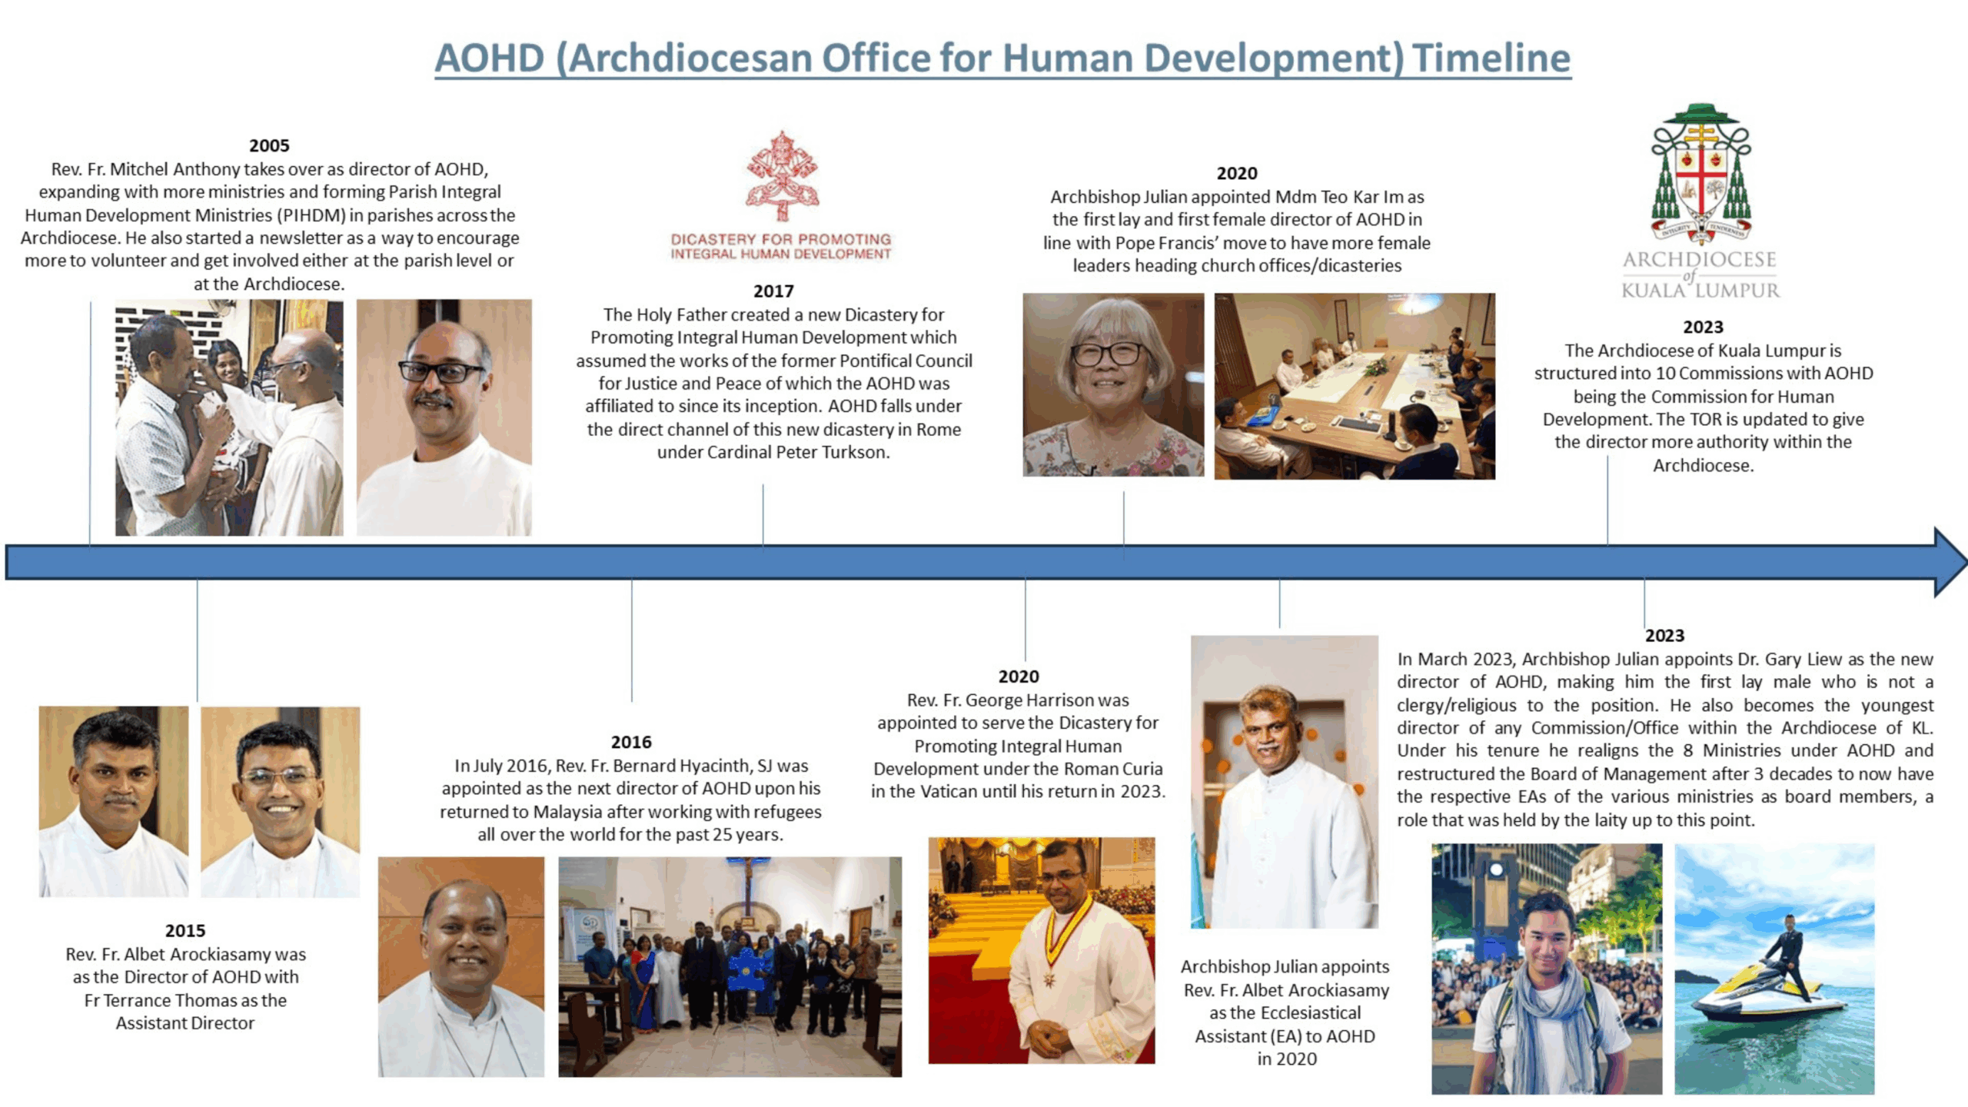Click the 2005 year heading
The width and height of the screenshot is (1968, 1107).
269,145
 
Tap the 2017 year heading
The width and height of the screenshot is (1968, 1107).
773,291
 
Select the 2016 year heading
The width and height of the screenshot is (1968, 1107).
631,742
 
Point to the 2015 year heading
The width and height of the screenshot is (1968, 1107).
185,930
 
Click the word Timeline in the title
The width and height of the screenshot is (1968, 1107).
1491,58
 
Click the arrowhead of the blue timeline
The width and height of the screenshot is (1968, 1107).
1950,562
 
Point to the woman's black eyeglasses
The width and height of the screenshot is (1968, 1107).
1111,354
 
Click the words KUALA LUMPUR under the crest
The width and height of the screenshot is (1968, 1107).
1700,291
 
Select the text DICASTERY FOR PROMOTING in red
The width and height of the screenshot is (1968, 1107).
781,239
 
